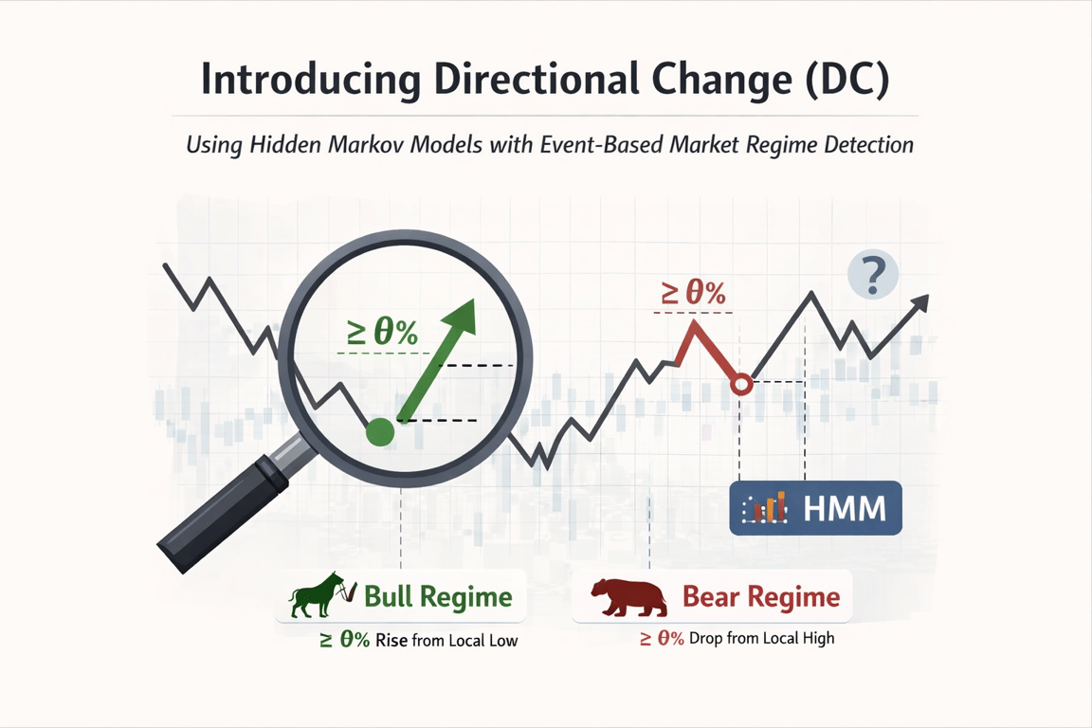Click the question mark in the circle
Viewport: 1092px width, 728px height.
click(873, 275)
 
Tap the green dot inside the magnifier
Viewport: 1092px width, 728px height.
click(380, 432)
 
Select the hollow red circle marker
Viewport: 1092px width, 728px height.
click(742, 384)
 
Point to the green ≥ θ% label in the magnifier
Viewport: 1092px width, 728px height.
click(382, 333)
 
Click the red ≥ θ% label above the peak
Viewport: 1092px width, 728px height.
click(693, 293)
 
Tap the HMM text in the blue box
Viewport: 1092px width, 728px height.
click(844, 508)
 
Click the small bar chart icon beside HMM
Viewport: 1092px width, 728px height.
click(765, 507)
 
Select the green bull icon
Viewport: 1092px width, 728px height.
click(321, 595)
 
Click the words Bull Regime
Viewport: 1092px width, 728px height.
click(438, 597)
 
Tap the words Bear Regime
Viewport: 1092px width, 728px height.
click(761, 597)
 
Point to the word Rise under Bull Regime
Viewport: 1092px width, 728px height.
click(391, 640)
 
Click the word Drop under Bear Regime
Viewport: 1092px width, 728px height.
click(705, 638)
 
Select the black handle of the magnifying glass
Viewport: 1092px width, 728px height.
click(225, 513)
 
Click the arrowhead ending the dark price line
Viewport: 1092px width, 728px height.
click(920, 303)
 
